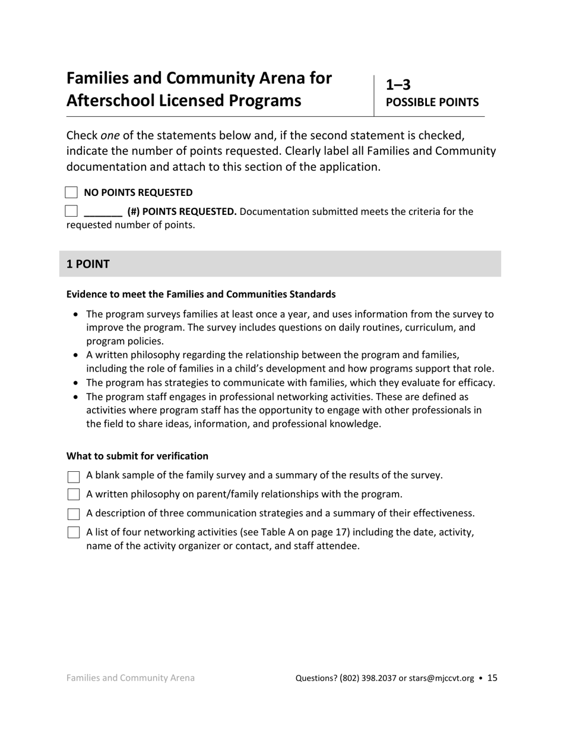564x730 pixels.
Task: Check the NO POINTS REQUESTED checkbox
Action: click(x=71, y=192)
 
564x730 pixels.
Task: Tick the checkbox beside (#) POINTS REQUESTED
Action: click(x=71, y=211)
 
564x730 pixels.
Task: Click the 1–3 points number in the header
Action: click(x=398, y=84)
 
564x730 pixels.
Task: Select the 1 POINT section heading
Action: click(x=88, y=264)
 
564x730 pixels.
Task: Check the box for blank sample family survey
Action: click(x=74, y=477)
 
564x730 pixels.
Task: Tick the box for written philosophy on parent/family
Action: click(x=74, y=495)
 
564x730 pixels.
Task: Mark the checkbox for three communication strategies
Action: click(x=74, y=514)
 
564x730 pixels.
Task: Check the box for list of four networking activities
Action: click(x=74, y=532)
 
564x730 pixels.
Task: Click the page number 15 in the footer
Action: click(x=492, y=678)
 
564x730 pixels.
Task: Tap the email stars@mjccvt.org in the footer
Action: click(x=442, y=678)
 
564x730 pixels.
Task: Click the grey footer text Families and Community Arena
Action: click(x=131, y=678)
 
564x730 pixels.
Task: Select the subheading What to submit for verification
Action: click(x=137, y=456)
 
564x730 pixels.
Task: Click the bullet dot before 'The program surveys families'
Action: click(x=75, y=315)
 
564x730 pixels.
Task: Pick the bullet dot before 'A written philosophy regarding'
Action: click(x=75, y=356)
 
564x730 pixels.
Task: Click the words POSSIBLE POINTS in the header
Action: click(x=432, y=102)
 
